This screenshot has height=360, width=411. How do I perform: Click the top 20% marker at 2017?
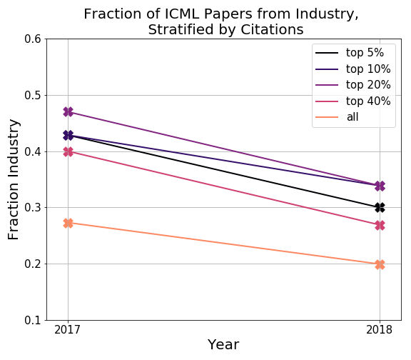pyautogui.click(x=68, y=112)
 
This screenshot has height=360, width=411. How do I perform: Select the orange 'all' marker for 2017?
pyautogui.click(x=68, y=223)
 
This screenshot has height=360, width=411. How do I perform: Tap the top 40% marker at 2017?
pyautogui.click(x=68, y=151)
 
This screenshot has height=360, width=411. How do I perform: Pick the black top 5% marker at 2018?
pyautogui.click(x=380, y=208)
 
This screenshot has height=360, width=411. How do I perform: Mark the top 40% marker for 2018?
pyautogui.click(x=380, y=226)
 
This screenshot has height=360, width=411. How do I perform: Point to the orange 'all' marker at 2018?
pyautogui.click(x=380, y=264)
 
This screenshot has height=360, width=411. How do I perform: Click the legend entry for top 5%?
pyautogui.click(x=350, y=53)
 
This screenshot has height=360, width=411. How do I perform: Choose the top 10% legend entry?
pyautogui.click(x=353, y=69)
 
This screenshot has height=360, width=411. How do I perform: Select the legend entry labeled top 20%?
pyautogui.click(x=353, y=85)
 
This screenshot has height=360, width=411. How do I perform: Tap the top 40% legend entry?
pyautogui.click(x=353, y=101)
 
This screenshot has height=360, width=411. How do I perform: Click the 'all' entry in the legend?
pyautogui.click(x=337, y=117)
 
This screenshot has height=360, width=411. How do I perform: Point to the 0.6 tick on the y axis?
pyautogui.click(x=33, y=39)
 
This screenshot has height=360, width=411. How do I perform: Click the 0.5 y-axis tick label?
pyautogui.click(x=33, y=95)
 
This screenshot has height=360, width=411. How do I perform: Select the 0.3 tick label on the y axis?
pyautogui.click(x=33, y=208)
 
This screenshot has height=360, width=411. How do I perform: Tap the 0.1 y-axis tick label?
pyautogui.click(x=33, y=320)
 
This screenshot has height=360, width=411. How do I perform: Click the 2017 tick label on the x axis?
pyautogui.click(x=67, y=330)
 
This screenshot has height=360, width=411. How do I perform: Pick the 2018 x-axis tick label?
pyautogui.click(x=379, y=330)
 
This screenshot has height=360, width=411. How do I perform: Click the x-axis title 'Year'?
pyautogui.click(x=223, y=344)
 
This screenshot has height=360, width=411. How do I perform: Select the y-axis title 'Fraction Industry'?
pyautogui.click(x=13, y=179)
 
